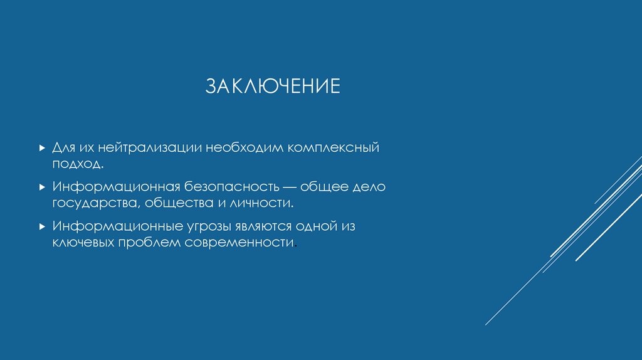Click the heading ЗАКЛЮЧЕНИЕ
(273, 86)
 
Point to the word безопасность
(231, 187)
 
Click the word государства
(96, 203)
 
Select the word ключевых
(82, 242)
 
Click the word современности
(239, 242)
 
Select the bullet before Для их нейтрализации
(41, 149)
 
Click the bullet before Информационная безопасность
(41, 187)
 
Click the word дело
(370, 187)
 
